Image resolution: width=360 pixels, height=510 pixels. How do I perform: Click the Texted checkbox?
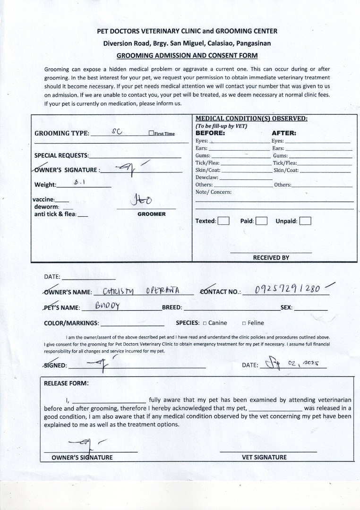pyautogui.click(x=223, y=221)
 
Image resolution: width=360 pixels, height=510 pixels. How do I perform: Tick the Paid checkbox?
pyautogui.click(x=261, y=221)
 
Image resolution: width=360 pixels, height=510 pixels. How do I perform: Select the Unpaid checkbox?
pyautogui.click(x=305, y=221)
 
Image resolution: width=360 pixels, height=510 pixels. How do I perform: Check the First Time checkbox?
pyautogui.click(x=151, y=134)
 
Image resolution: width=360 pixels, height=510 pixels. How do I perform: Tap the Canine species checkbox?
pyautogui.click(x=205, y=323)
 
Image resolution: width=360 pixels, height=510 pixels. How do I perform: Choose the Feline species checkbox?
pyautogui.click(x=244, y=323)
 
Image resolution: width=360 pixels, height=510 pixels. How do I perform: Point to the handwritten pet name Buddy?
pyautogui.click(x=108, y=306)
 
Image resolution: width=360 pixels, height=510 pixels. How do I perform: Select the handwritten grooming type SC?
pyautogui.click(x=117, y=132)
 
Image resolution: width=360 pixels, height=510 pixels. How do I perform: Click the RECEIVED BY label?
pyautogui.click(x=271, y=258)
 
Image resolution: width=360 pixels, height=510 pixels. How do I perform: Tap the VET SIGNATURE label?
pyautogui.click(x=264, y=457)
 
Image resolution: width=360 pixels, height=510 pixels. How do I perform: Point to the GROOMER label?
pyautogui.click(x=151, y=214)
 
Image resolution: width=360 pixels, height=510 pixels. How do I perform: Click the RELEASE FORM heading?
pyautogui.click(x=66, y=383)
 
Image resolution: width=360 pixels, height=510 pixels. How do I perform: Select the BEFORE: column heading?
pyautogui.click(x=210, y=133)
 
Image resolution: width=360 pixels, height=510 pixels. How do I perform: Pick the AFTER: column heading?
pyautogui.click(x=283, y=133)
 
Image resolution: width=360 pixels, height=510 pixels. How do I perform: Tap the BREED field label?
pyautogui.click(x=172, y=307)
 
